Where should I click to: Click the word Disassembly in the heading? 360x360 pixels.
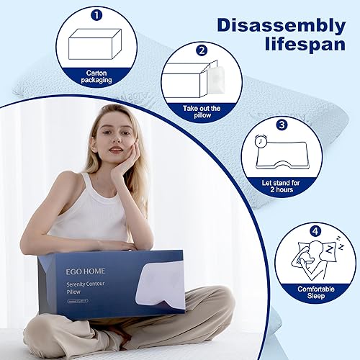(280, 27)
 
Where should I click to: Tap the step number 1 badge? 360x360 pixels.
(95, 12)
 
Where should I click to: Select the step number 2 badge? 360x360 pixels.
(202, 50)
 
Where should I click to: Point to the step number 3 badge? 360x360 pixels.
(282, 125)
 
